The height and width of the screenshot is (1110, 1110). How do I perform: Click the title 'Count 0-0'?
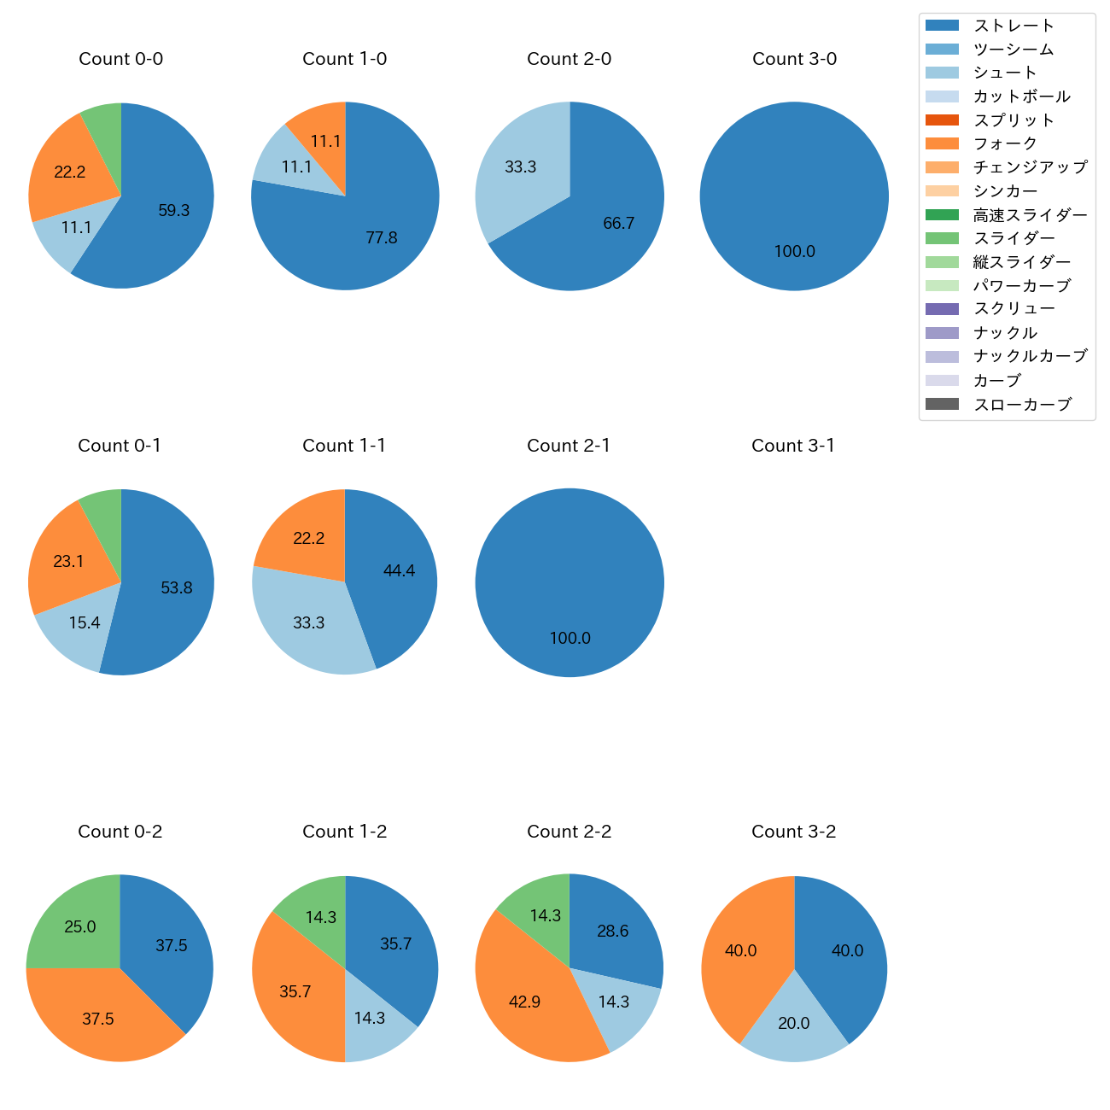coord(121,59)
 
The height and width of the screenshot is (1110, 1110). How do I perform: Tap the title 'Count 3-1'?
coord(793,446)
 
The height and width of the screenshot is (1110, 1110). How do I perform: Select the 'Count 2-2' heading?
coord(570,832)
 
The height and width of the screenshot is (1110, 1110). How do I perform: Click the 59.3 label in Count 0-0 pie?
coord(174,210)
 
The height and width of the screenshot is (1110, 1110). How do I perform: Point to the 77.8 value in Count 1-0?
coord(382,238)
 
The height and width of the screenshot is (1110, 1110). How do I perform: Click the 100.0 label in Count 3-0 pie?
coord(795,252)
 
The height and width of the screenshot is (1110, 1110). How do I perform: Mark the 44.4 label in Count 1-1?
coord(399,571)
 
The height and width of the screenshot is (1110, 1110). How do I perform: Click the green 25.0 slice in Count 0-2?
coord(77,922)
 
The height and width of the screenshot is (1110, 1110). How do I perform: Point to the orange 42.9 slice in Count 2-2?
coord(529,1008)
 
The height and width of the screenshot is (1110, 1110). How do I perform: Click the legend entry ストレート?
coord(1014,26)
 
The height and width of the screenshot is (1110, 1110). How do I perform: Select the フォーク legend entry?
coord(1005,143)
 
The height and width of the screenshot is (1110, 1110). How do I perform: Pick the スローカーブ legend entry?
coord(1022,405)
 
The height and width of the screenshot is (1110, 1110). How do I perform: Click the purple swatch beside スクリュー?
coord(942,309)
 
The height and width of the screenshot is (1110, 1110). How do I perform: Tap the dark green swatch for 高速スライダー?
coord(942,214)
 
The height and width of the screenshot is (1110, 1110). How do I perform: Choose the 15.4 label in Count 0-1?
coord(85,623)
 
